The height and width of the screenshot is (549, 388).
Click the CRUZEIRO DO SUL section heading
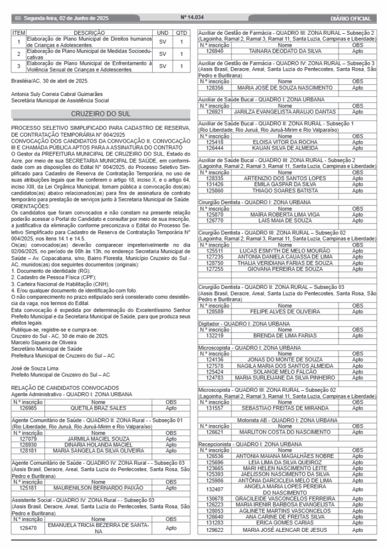point(101,114)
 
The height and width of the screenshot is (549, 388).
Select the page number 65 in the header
point(18,18)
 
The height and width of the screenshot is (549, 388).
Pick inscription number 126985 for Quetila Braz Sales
point(27,407)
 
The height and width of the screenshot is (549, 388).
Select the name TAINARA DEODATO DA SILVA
point(285,51)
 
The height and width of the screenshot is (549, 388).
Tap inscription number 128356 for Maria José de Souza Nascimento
point(214,87)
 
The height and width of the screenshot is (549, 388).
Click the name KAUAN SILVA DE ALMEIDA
point(285,147)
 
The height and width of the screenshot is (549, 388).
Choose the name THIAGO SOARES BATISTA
point(285,190)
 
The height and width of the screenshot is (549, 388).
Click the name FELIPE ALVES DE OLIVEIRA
point(285,311)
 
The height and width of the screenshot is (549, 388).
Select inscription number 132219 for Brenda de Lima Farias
point(214,335)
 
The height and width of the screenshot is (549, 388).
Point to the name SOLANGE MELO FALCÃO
point(285,371)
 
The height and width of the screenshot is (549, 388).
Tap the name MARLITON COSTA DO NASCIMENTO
point(285,432)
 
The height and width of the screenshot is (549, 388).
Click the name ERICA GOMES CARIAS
point(285,522)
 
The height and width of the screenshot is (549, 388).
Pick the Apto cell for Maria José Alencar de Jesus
point(357,530)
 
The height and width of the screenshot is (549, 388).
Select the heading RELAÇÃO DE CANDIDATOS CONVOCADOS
point(65,388)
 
